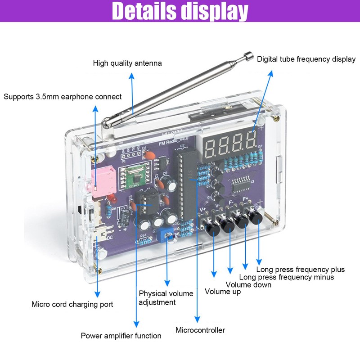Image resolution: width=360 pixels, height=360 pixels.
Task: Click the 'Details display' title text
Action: [180, 11]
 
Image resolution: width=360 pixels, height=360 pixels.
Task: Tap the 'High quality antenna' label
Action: [127, 63]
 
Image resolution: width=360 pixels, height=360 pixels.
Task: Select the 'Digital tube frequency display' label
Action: [306, 59]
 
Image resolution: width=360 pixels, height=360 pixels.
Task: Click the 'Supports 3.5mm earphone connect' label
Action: [63, 96]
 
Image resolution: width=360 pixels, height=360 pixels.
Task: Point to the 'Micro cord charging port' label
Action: [72, 304]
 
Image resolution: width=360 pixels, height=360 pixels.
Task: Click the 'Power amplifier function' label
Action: [121, 335]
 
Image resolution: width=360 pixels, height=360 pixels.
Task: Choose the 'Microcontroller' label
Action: [200, 330]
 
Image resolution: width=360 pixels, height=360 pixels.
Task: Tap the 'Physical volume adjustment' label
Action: [166, 297]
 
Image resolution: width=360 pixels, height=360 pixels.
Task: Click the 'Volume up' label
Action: [223, 291]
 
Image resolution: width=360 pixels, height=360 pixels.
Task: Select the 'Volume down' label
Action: [248, 284]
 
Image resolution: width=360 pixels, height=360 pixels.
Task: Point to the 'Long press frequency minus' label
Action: [286, 277]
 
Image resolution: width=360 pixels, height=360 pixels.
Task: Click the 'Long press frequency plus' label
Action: [300, 269]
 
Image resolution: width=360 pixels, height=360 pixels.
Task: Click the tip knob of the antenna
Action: [247, 57]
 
